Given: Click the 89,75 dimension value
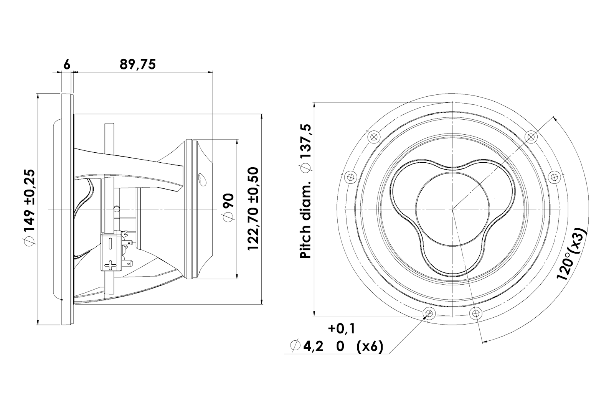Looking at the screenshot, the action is [138, 64].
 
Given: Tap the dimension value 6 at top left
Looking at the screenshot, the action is [67, 65].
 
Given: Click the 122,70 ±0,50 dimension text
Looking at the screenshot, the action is [253, 209].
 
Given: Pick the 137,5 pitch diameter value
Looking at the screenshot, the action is [305, 148].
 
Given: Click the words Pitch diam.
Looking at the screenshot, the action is [305, 219].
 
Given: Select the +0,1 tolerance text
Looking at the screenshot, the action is [342, 328].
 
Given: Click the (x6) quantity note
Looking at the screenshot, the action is [370, 347].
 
